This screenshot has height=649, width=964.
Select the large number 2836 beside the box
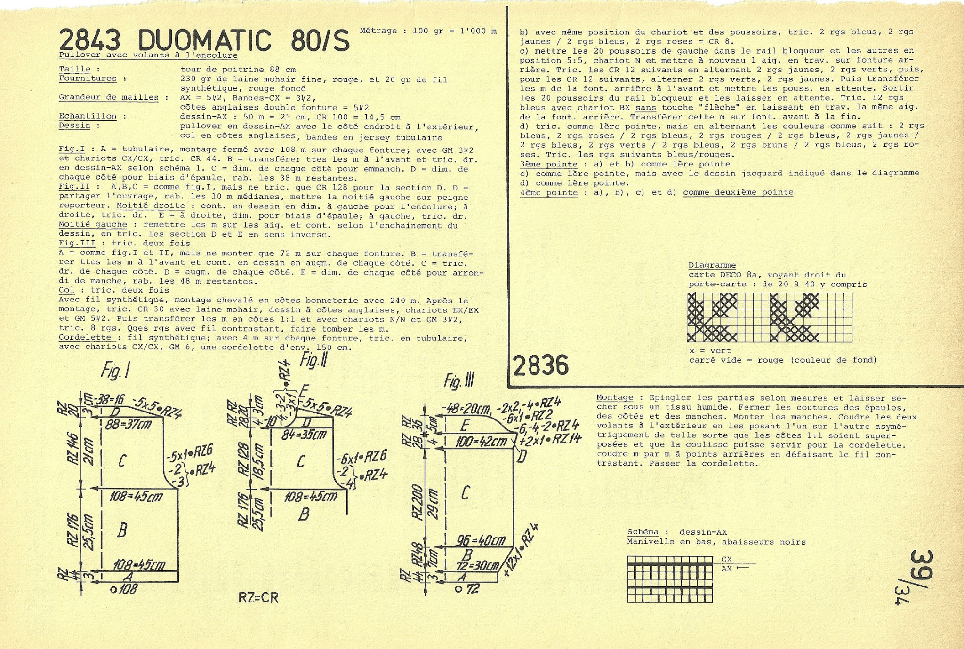[540, 365]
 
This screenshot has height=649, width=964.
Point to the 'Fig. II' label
[313, 361]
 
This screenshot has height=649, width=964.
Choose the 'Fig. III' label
[459, 381]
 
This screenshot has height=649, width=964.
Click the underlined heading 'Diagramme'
[712, 266]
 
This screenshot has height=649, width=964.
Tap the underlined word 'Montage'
[615, 398]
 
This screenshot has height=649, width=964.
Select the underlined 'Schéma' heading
[643, 532]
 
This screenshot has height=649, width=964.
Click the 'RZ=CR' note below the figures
[258, 598]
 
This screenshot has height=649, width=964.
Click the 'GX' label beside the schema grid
[726, 560]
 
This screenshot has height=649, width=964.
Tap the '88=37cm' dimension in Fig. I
[128, 425]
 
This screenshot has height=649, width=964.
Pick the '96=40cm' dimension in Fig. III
[481, 540]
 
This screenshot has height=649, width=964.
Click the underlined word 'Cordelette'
[85, 338]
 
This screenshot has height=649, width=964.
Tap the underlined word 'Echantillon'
[88, 116]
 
